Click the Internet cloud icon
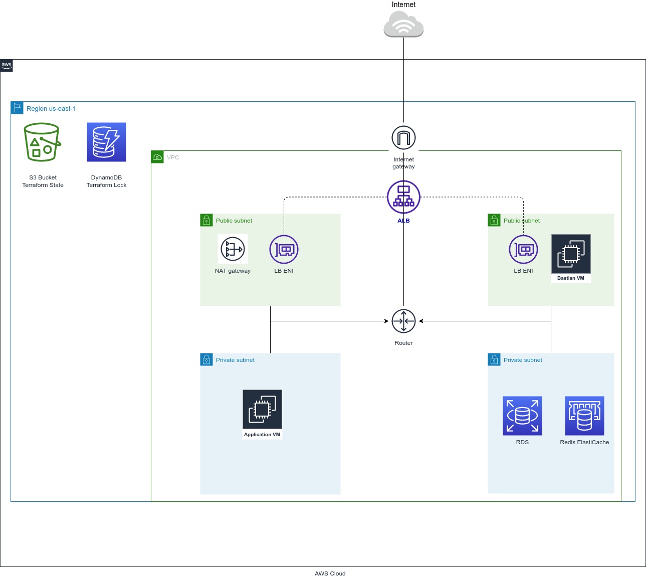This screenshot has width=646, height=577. tap(403, 25)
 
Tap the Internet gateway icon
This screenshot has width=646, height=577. tap(403, 138)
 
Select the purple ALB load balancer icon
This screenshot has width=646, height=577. tap(403, 197)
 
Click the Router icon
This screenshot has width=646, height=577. tap(403, 321)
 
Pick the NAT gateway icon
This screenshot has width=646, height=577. tap(233, 249)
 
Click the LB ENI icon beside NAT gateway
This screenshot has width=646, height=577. tap(284, 249)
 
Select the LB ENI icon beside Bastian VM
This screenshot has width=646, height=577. tap(523, 249)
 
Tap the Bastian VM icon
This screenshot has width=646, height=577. tap(571, 254)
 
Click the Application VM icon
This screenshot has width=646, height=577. tap(262, 410)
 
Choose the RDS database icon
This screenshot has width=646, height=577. tap(522, 416)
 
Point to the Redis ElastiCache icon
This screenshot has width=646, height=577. tap(584, 416)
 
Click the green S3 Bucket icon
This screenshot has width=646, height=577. tap(43, 142)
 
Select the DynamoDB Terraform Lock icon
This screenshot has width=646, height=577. tap(106, 142)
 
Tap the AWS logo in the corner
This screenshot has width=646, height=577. tap(7, 66)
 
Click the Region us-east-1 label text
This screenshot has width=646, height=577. tap(51, 109)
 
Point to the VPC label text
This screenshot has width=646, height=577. tap(173, 157)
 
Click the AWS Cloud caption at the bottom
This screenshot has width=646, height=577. tap(330, 573)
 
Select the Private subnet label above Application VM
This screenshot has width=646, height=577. tap(235, 360)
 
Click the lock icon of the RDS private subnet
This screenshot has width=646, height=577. tap(494, 360)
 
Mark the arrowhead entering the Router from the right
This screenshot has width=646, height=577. tap(421, 321)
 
